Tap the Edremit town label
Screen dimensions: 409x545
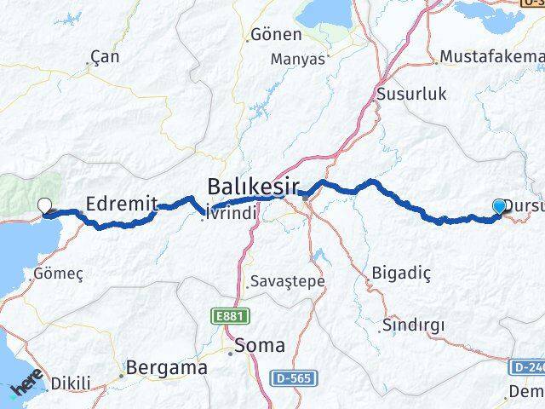(123, 203)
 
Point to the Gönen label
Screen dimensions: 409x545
(276, 36)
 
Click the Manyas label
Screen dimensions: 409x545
(298, 60)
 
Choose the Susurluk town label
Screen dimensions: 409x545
(411, 94)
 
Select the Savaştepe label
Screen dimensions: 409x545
(288, 280)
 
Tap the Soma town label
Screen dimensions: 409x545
(259, 346)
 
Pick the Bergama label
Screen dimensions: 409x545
(165, 369)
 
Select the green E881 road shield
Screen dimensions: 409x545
(224, 316)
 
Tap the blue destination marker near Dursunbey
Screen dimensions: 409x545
(499, 205)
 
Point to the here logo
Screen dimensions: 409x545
(27, 388)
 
